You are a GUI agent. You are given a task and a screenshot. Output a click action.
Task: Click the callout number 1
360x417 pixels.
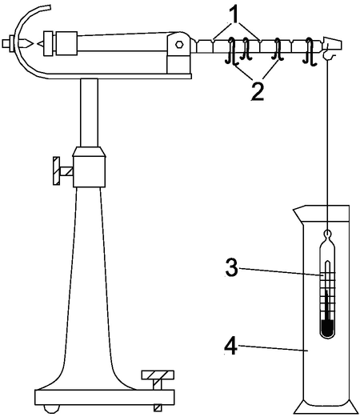pyautogui.click(x=235, y=15)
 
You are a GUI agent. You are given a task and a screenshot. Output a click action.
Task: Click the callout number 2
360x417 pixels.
pyautogui.click(x=258, y=91)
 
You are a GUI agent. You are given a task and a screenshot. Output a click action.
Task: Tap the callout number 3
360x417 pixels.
pyautogui.click(x=231, y=267)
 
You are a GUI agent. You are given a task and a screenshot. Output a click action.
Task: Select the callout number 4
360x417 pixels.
pyautogui.click(x=230, y=346)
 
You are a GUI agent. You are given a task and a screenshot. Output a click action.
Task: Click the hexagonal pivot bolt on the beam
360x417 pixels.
pyautogui.click(x=179, y=44)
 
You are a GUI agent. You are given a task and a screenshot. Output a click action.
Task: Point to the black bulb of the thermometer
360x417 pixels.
pyautogui.click(x=327, y=328)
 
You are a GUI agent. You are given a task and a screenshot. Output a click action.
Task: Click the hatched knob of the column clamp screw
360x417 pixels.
pyautogui.click(x=56, y=170)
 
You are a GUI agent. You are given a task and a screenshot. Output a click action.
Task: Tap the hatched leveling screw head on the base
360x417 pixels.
pyautogui.click(x=158, y=375)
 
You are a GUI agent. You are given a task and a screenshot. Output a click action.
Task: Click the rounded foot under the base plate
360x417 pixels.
pyautogui.click(x=51, y=408)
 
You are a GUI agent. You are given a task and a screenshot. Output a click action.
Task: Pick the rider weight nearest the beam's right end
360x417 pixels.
pyautogui.click(x=310, y=51)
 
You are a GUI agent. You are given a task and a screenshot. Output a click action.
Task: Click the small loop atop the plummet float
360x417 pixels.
pyautogui.click(x=327, y=234)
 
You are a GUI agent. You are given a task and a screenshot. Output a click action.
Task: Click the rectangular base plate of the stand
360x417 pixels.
pyautogui.click(x=105, y=398)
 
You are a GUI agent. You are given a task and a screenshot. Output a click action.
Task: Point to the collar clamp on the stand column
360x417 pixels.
pyautogui.click(x=89, y=167)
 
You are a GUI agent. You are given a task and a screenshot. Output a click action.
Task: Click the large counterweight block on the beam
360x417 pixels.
pyautogui.click(x=67, y=43)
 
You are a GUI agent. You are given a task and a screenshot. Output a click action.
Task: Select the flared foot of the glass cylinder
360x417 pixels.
pyautogui.click(x=326, y=407)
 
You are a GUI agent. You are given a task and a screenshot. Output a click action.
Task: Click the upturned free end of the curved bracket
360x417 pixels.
pyautogui.click(x=46, y=7)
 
